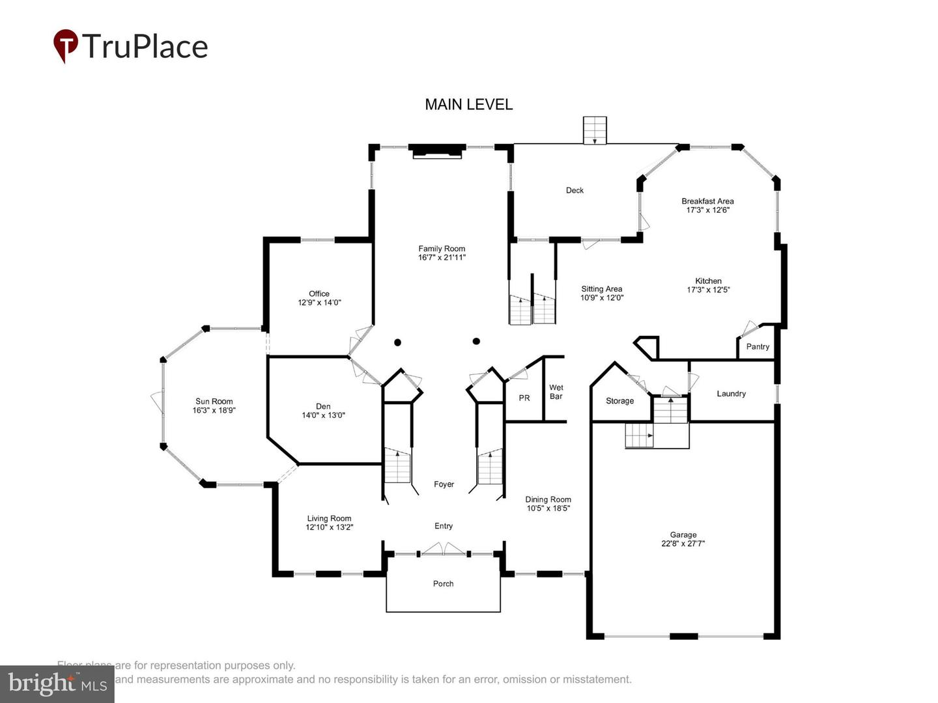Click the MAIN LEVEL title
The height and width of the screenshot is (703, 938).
click(468, 104)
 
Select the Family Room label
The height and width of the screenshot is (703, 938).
click(442, 249)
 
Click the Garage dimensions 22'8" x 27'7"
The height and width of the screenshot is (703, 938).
click(683, 544)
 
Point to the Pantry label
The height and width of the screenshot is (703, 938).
click(758, 347)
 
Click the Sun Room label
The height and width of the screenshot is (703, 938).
click(214, 402)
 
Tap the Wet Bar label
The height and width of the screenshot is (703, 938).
click(556, 392)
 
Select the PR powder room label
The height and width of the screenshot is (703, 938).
click(524, 398)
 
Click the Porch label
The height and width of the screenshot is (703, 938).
click(443, 584)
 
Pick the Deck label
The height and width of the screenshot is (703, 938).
click(575, 191)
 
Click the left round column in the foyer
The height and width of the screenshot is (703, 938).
click(397, 342)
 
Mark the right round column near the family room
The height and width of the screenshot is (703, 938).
click(476, 341)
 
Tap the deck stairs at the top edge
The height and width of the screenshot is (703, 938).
click(594, 130)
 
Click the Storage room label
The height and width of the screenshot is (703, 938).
click(619, 401)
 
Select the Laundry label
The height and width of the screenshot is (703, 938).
click(731, 394)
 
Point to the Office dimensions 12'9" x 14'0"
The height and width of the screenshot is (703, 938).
click(319, 303)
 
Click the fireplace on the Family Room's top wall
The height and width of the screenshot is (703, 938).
click(437, 151)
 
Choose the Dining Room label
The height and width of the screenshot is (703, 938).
click(548, 500)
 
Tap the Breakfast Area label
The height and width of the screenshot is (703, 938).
click(707, 201)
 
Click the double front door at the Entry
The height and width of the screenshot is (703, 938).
click(444, 550)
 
